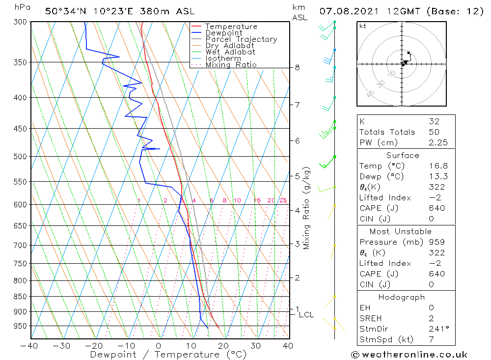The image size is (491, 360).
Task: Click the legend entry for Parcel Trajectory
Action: pyautogui.click(x=241, y=39)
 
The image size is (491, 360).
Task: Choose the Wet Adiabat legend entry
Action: pyautogui.click(x=230, y=52)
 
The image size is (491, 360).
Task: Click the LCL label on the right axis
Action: pyautogui.click(x=306, y=315)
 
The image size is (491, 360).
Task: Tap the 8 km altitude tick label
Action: pyautogui.click(x=297, y=67)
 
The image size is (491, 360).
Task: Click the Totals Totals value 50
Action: pyautogui.click(x=434, y=132)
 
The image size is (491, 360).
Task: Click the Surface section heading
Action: pyautogui.click(x=403, y=156)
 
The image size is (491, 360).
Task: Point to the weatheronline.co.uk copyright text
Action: pyautogui.click(x=409, y=355)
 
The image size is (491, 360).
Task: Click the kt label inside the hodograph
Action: pyautogui.click(x=362, y=26)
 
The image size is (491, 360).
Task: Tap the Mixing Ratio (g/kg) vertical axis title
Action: pyautogui.click(x=307, y=207)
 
